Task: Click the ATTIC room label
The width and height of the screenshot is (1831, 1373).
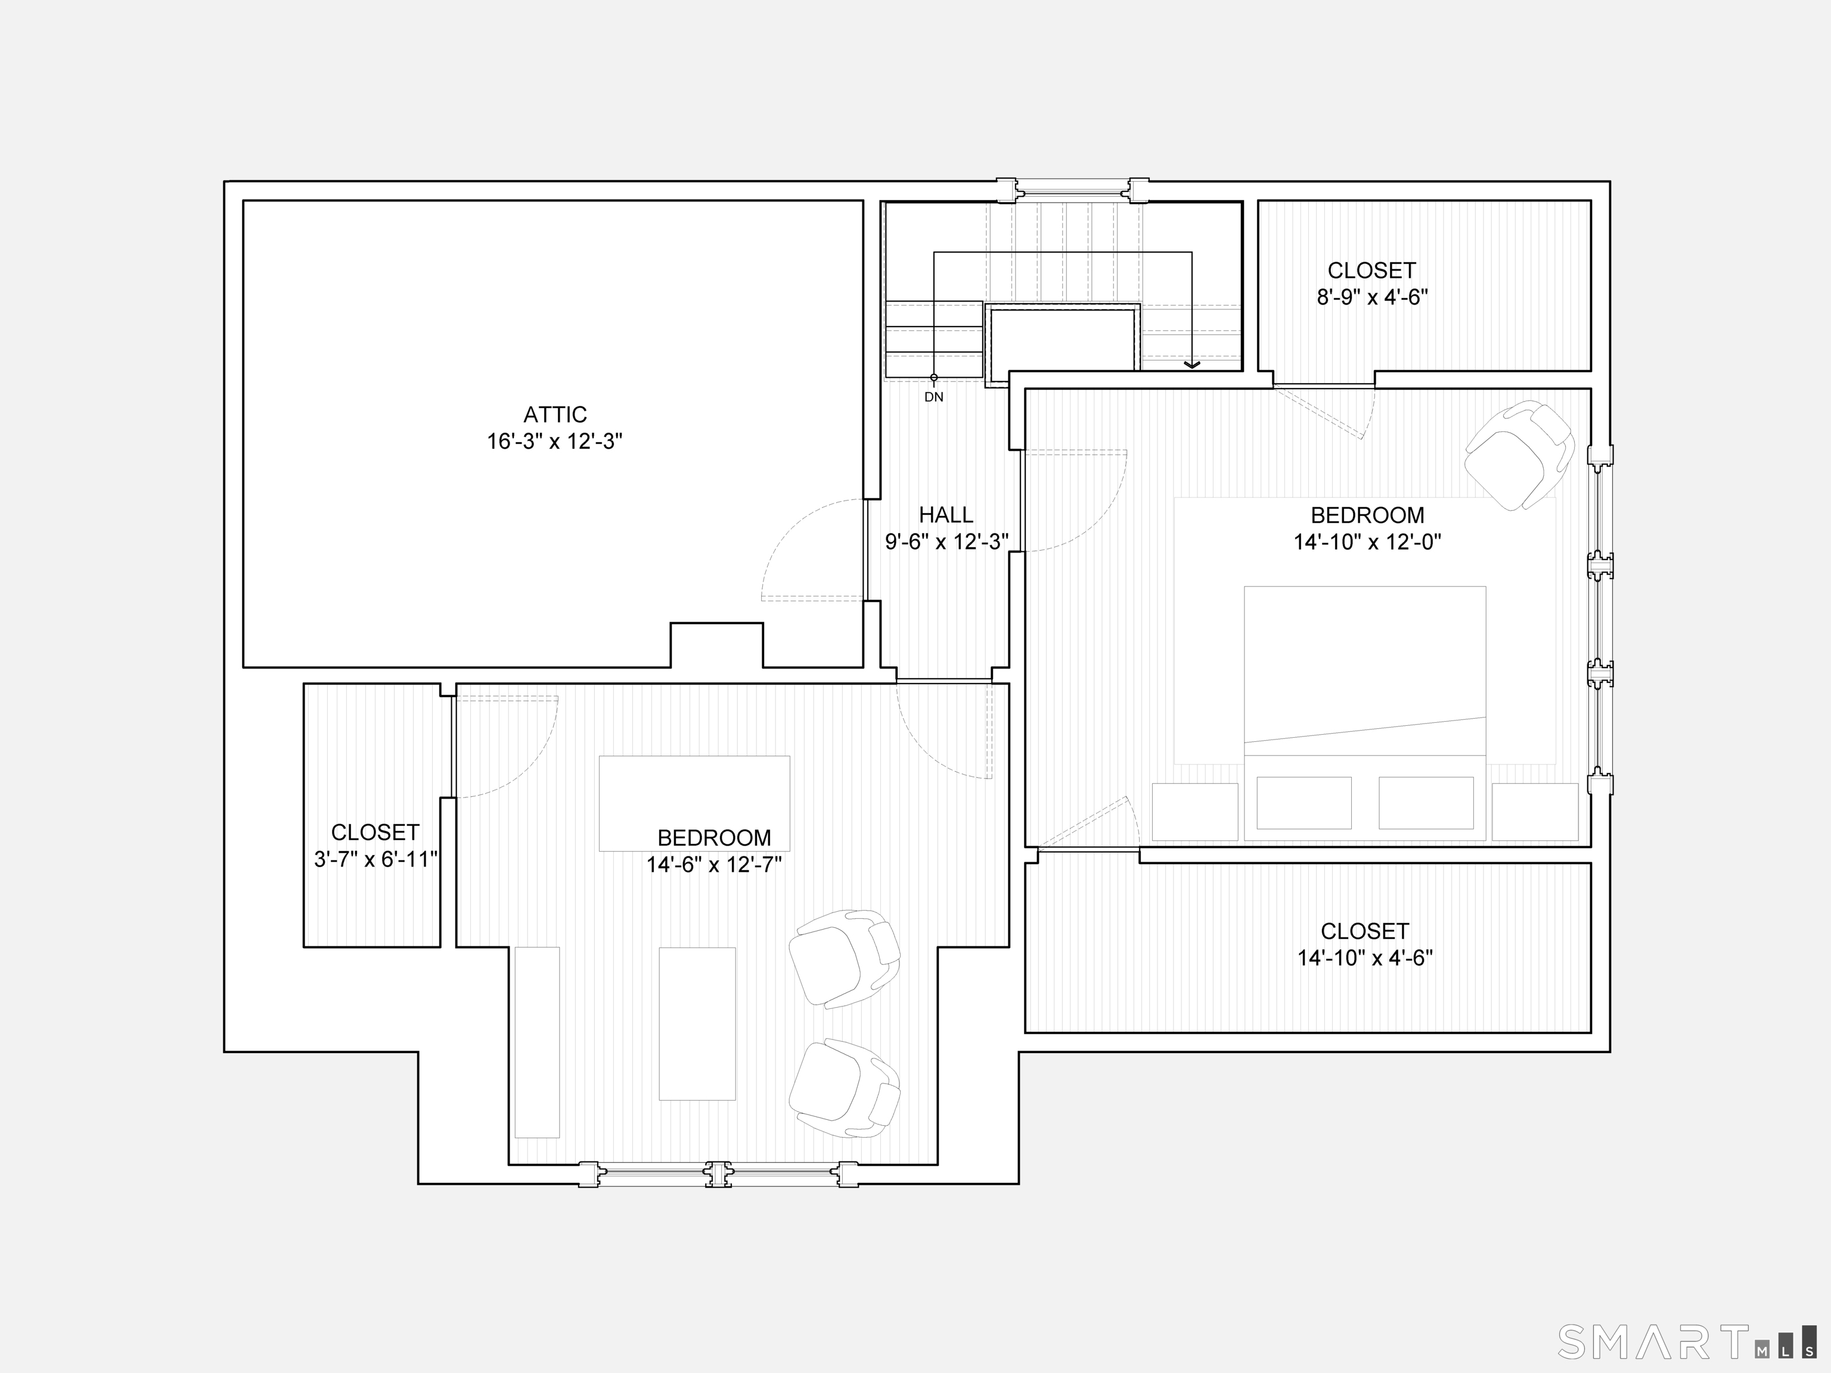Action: [x=554, y=415]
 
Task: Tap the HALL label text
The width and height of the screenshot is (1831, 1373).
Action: [x=946, y=515]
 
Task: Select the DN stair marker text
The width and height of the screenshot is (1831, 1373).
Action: [x=934, y=397]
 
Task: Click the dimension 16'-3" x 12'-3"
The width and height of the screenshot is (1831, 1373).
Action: [x=554, y=441]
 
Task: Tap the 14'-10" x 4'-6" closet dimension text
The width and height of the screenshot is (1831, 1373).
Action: [x=1365, y=958]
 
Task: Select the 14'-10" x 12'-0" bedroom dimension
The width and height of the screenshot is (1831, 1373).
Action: [x=1367, y=542]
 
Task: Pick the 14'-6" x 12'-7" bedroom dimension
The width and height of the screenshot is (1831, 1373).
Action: [x=715, y=865]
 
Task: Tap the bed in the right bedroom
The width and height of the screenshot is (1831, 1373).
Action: [x=1365, y=713]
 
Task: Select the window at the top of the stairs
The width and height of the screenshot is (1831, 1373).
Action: [x=1073, y=190]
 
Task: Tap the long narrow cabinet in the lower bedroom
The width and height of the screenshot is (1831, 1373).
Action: [x=537, y=1042]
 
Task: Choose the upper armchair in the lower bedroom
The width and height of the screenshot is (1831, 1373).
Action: [x=843, y=958]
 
